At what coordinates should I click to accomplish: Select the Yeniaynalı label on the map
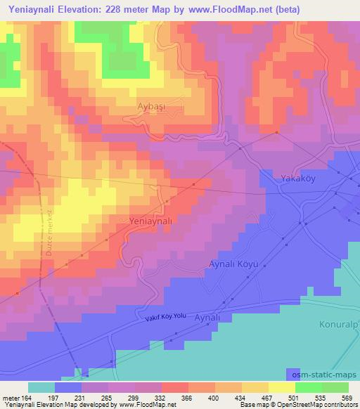pyautogui.click(x=151, y=221)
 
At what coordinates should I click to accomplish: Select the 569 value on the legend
pyautogui.click(x=346, y=398)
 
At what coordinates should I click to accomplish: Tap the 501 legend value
pyautogui.click(x=294, y=398)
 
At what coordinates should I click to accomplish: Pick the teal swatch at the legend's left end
pyautogui.click(x=41, y=387)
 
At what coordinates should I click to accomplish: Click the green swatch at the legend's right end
pyautogui.click(x=335, y=387)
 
